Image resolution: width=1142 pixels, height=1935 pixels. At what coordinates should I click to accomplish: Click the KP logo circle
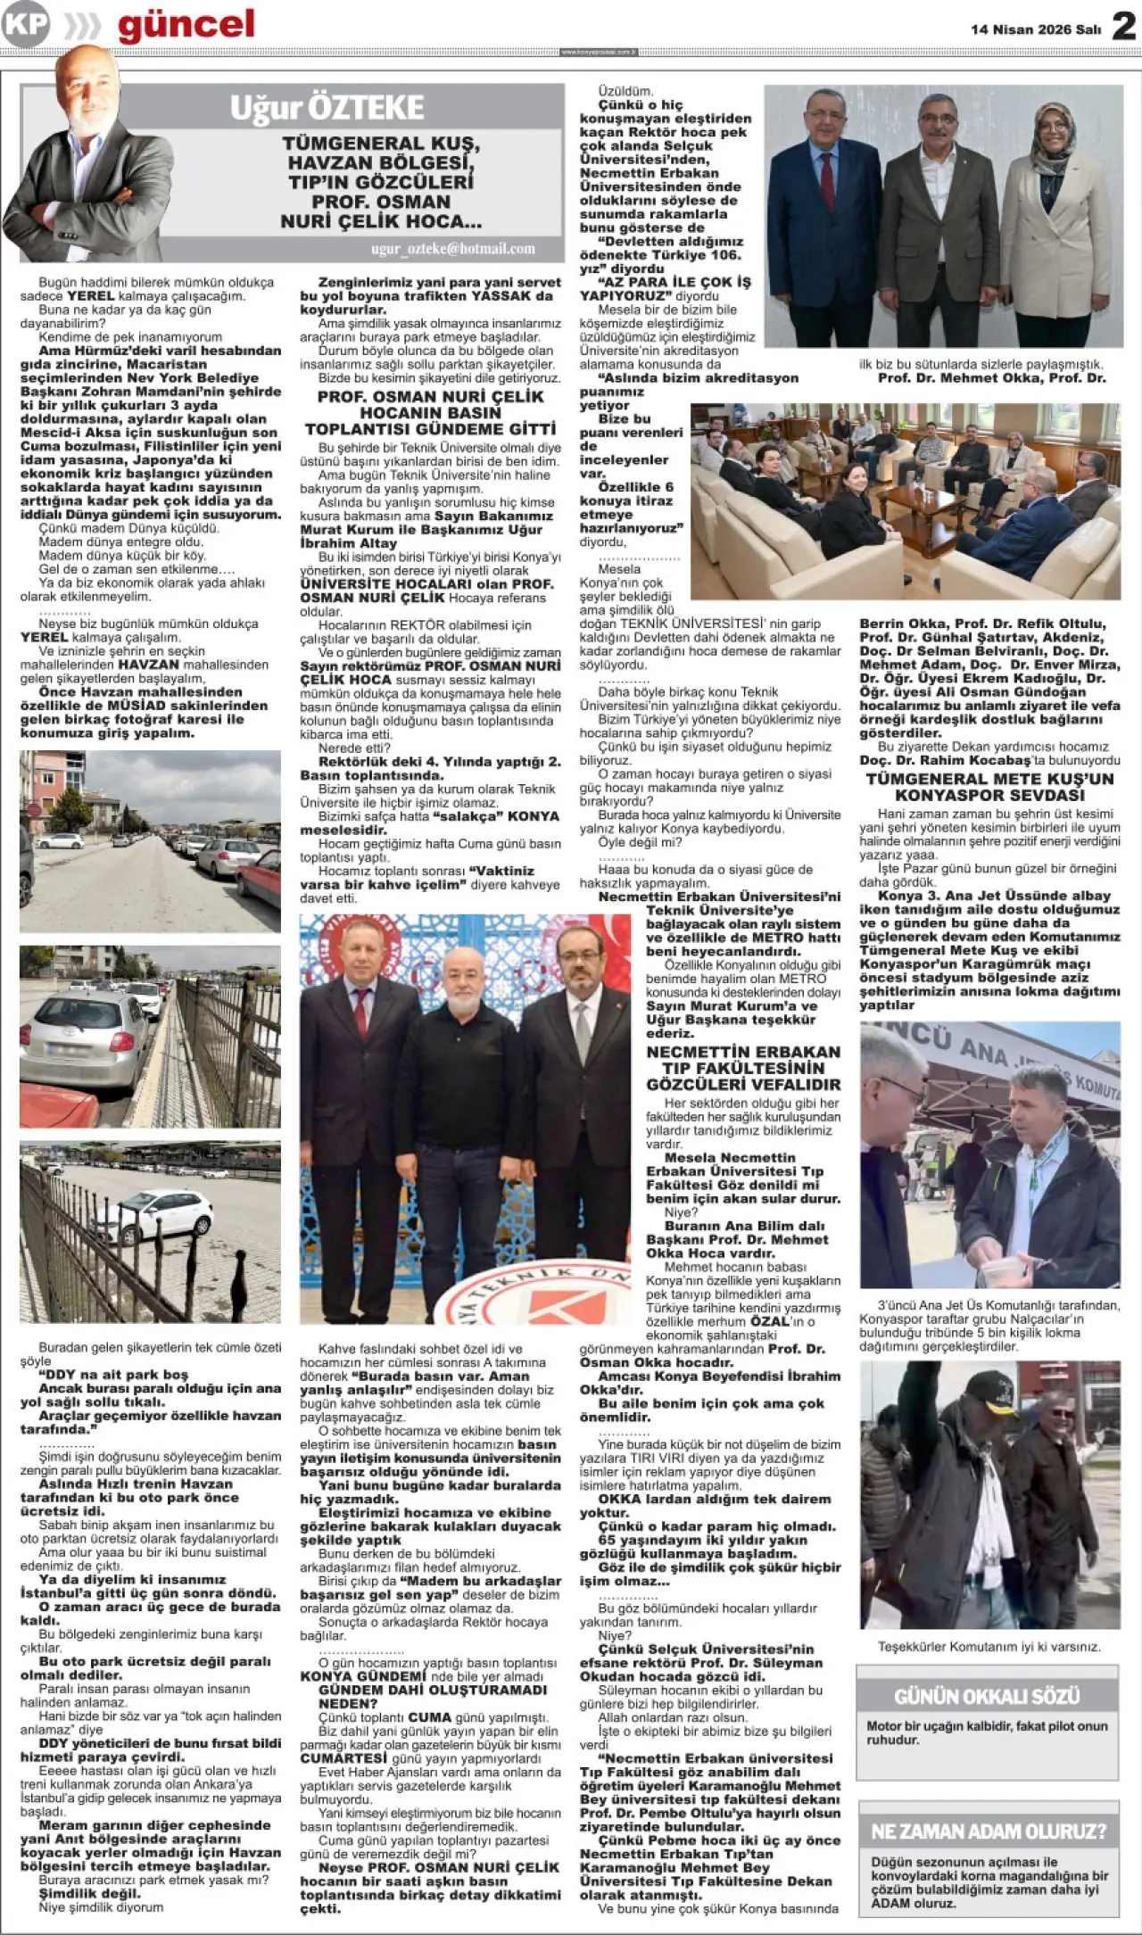(26, 24)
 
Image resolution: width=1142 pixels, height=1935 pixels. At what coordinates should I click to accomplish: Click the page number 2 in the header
(1123, 26)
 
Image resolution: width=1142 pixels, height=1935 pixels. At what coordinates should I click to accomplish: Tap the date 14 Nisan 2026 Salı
(1036, 29)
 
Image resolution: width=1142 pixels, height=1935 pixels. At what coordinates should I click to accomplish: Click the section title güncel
(186, 25)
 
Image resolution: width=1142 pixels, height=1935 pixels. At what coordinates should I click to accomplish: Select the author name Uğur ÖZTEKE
(327, 108)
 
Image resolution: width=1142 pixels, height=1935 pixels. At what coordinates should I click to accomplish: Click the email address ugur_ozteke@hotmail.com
(453, 249)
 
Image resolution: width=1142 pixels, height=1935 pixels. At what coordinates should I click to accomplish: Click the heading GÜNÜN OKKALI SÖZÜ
(987, 1696)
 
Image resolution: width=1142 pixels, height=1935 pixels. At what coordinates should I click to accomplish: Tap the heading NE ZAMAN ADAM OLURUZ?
(988, 1832)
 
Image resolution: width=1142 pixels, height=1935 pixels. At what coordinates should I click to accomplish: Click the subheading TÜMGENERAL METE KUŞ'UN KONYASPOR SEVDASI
(989, 786)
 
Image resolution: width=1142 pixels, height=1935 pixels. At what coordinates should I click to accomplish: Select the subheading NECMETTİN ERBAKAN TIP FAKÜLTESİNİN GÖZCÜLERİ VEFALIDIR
(743, 1068)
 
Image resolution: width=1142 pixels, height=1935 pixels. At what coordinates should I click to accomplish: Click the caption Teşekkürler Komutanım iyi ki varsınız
(989, 1645)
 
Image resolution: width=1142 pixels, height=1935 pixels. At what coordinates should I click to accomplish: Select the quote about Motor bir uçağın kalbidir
(987, 1732)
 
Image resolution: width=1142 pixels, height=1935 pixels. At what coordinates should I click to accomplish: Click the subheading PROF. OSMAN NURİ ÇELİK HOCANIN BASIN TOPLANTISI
(430, 412)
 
